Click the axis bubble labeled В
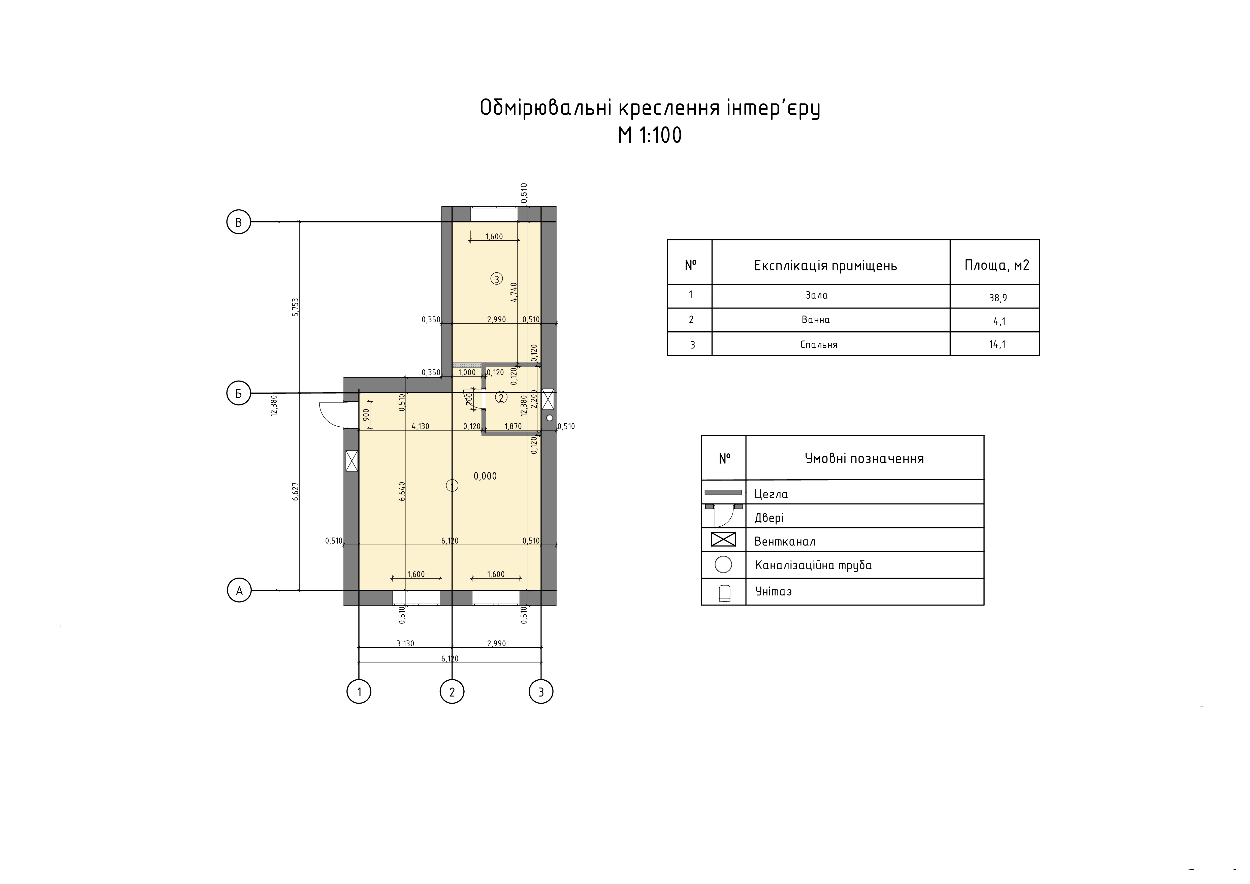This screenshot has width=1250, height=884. [x=238, y=222]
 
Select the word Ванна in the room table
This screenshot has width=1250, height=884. [x=816, y=320]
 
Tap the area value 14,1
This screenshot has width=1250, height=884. [x=997, y=344]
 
